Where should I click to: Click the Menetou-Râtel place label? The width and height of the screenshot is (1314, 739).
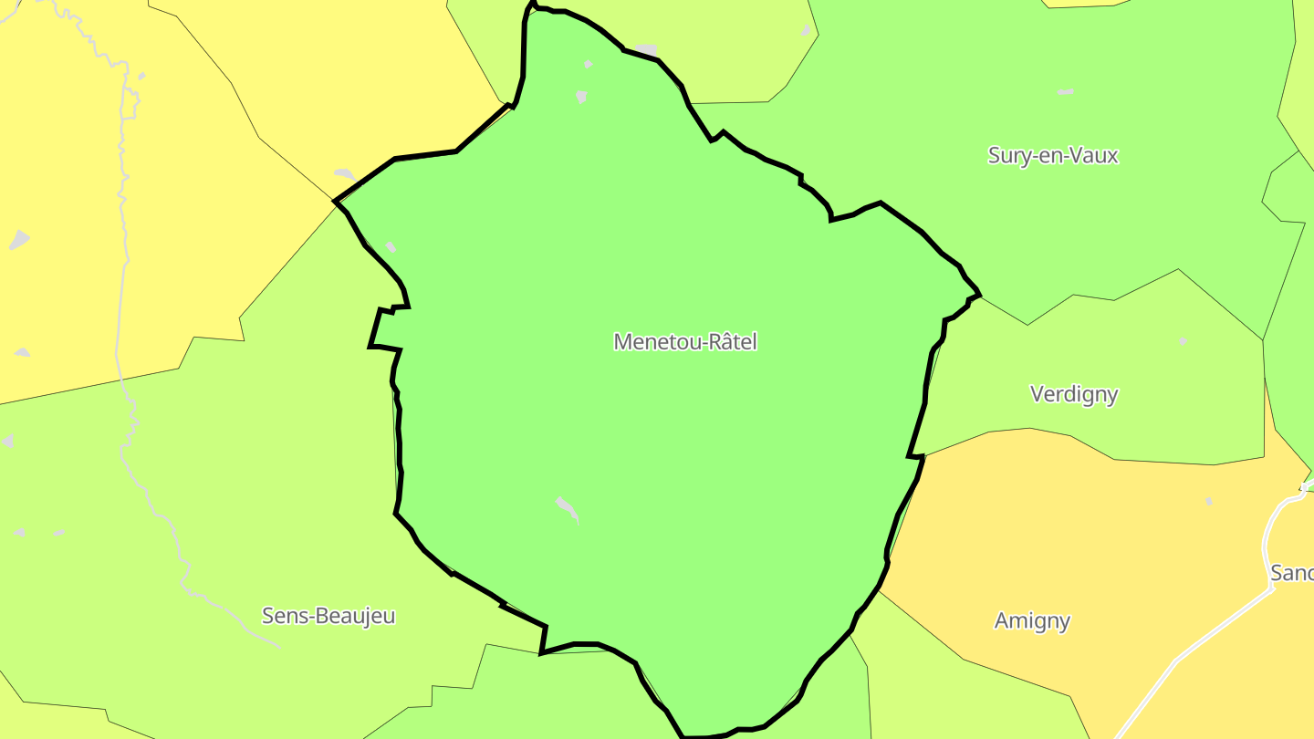[x=685, y=341]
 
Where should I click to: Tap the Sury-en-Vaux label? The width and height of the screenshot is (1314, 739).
[x=1053, y=155]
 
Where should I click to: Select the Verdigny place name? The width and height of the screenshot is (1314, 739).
[x=1074, y=394]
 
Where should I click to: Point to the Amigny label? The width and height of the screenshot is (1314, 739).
[x=1032, y=621]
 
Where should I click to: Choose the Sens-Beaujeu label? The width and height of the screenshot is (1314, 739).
[x=328, y=616]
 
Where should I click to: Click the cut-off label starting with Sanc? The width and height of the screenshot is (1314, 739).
[x=1292, y=573]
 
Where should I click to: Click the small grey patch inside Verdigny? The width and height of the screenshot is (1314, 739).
[x=1183, y=341]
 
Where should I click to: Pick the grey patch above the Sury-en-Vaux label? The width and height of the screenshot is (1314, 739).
[x=1065, y=92]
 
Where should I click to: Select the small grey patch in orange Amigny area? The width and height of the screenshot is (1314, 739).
[x=1209, y=501]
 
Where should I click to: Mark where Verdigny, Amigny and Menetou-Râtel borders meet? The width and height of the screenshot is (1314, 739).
[x=922, y=455]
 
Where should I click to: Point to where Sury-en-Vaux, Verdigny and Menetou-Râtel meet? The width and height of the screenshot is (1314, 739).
[x=979, y=296]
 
